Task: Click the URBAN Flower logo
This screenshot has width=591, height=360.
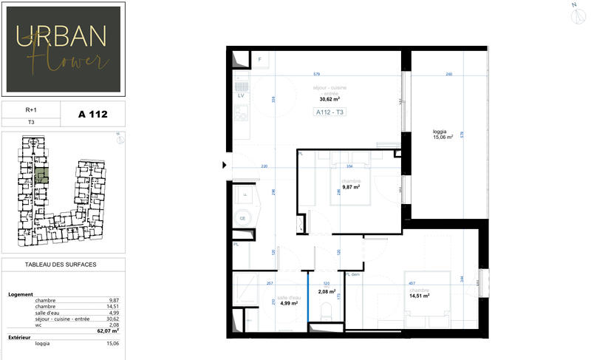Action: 62,49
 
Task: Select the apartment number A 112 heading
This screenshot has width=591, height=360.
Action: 93,114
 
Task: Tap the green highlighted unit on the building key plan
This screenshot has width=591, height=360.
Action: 42,175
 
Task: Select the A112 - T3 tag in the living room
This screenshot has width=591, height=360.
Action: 330,113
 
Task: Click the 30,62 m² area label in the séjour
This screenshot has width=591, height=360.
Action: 329,98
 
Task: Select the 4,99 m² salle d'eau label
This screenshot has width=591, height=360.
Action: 289,302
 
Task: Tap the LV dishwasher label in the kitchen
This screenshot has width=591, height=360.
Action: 241,96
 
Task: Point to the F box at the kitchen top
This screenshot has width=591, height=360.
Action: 259,58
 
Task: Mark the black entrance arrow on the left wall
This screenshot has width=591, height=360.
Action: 225,166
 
